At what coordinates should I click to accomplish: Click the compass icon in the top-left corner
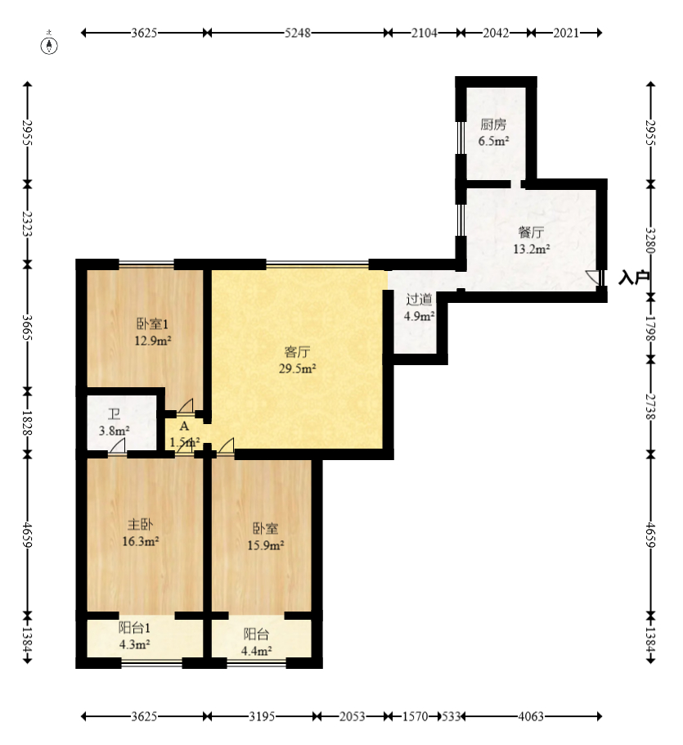coord(51,43)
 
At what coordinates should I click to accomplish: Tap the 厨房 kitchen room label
coord(493,124)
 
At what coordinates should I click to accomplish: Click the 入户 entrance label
coord(634,278)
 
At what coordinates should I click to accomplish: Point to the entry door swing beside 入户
coord(592,278)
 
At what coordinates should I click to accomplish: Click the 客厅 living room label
coord(297,352)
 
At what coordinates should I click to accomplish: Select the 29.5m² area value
coord(297,368)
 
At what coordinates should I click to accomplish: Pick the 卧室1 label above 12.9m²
coord(152,323)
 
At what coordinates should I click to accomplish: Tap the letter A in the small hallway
coord(184,427)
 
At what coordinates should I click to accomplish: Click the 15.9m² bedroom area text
coord(265,544)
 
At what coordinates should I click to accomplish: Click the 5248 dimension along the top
coord(297,33)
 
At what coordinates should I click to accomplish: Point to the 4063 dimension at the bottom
coord(531,716)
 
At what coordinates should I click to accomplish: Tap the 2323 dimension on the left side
coord(27,223)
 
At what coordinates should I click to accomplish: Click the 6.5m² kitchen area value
coord(494,141)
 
